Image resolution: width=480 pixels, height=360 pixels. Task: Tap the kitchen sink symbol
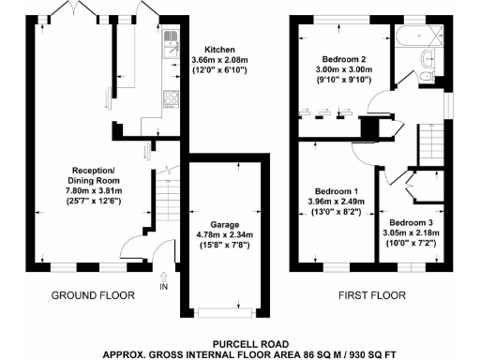pyautogui.click(x=172, y=39)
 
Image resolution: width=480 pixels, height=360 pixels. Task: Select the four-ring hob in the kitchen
pyautogui.click(x=172, y=97)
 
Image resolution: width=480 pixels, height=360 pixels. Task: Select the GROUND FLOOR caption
pyautogui.click(x=92, y=295)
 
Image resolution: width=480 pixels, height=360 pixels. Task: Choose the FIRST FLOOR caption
pyautogui.click(x=372, y=295)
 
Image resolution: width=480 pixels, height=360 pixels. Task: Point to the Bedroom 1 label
pyautogui.click(x=334, y=188)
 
